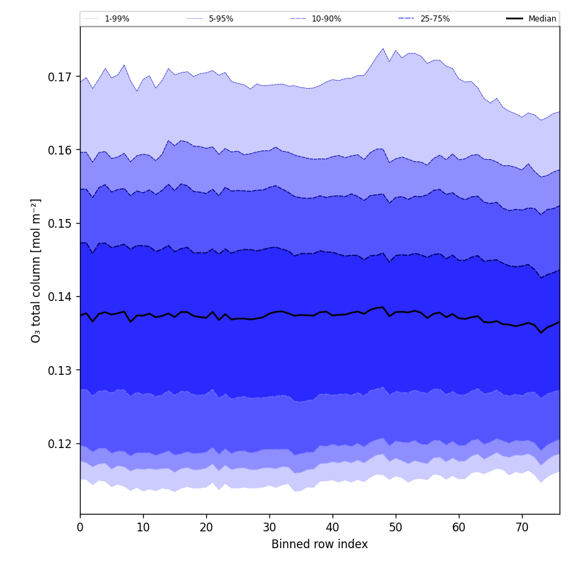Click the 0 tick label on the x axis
[80, 527]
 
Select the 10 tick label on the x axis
[143, 527]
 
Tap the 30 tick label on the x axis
[269, 527]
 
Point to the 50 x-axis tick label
[396, 527]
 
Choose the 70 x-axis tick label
[522, 527]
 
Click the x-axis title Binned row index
[320, 545]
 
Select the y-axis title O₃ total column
[36, 271]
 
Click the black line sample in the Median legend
[515, 19]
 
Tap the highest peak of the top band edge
[383, 48]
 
